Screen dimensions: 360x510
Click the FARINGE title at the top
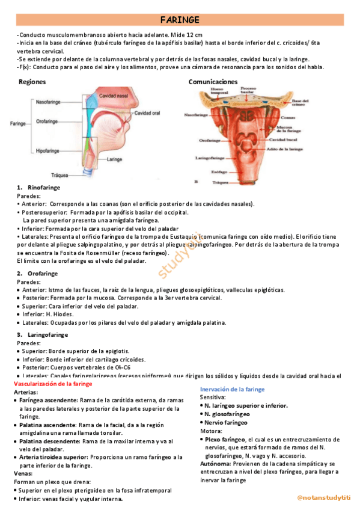[180, 20]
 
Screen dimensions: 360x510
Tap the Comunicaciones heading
[213, 82]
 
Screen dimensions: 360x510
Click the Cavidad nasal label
[113, 96]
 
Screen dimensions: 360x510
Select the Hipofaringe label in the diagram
[50, 151]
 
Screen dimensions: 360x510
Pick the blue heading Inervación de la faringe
[232, 390]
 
